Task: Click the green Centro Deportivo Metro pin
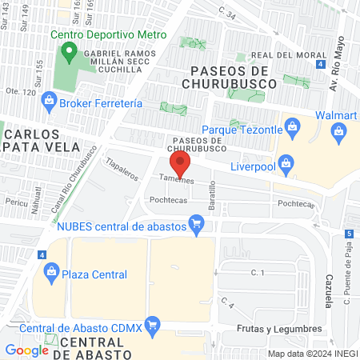[x=70, y=53]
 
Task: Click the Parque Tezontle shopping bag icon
[x=293, y=129]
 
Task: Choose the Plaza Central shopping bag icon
[x=52, y=274]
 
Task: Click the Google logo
[x=26, y=350]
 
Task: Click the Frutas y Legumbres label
[x=278, y=329]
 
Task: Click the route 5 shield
[x=350, y=234]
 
